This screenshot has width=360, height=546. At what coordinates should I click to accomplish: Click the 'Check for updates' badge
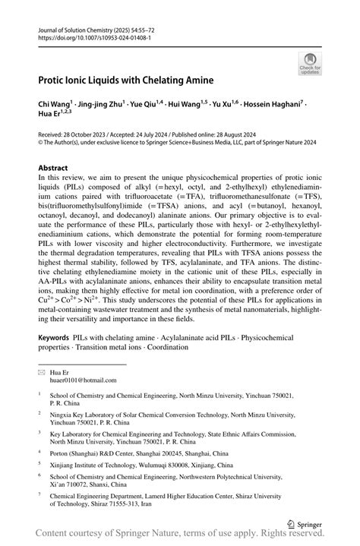(309, 63)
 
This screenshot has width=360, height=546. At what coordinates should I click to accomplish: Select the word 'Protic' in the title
(55, 80)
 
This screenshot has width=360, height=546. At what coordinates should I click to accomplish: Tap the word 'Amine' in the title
(194, 80)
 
